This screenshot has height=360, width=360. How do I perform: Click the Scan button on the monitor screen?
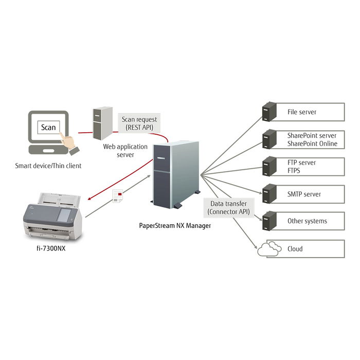pyautogui.click(x=48, y=127)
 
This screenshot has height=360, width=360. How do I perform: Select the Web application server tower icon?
pyautogui.click(x=102, y=123)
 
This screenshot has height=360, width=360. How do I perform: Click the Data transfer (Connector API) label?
pyautogui.click(x=228, y=208)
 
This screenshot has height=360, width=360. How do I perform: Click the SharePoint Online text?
pyautogui.click(x=312, y=143)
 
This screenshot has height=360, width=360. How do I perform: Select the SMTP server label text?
pyautogui.click(x=304, y=194)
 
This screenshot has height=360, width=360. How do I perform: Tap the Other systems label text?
pyautogui.click(x=307, y=221)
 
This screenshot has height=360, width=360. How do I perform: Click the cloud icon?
pyautogui.click(x=269, y=249)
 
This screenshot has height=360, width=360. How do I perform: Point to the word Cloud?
pyautogui.click(x=295, y=249)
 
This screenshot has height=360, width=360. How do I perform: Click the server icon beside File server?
pyautogui.click(x=269, y=112)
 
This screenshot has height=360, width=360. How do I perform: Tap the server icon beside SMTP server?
pyautogui.click(x=269, y=194)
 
